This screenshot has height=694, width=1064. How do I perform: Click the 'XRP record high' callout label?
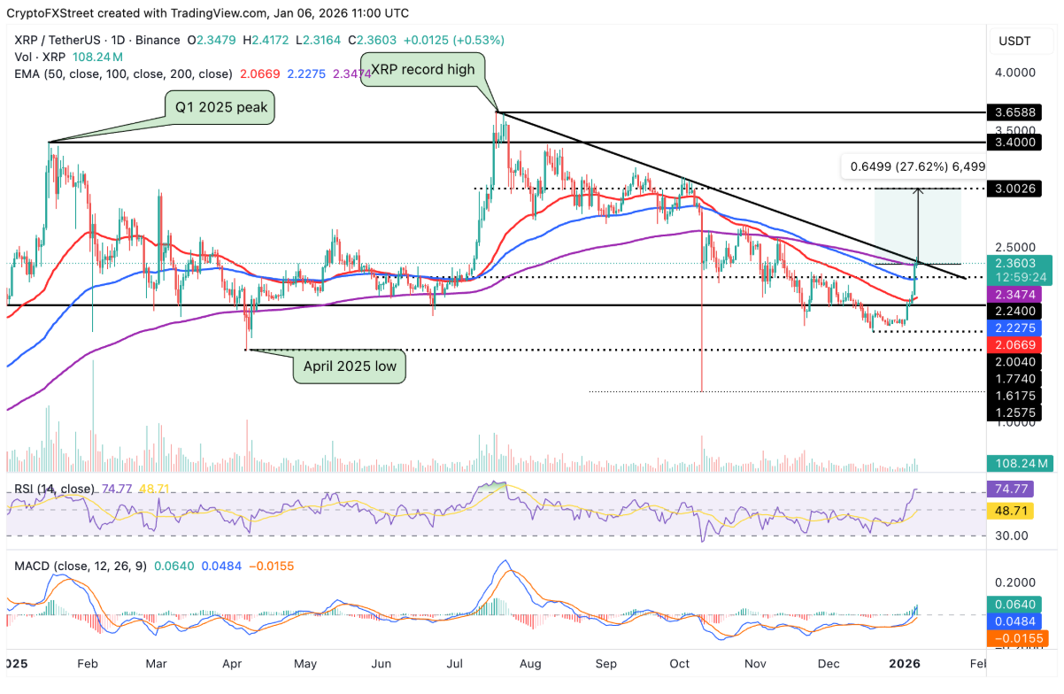pos(421,68)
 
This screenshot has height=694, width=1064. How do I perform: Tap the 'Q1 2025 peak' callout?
pos(220,109)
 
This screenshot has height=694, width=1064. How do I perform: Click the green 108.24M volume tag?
pos(1018,462)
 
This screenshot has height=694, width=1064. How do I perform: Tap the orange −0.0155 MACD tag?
pos(1018,638)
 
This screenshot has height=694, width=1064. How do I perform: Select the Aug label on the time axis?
pos(529,663)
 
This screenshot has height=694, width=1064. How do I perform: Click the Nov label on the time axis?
pos(755,663)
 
